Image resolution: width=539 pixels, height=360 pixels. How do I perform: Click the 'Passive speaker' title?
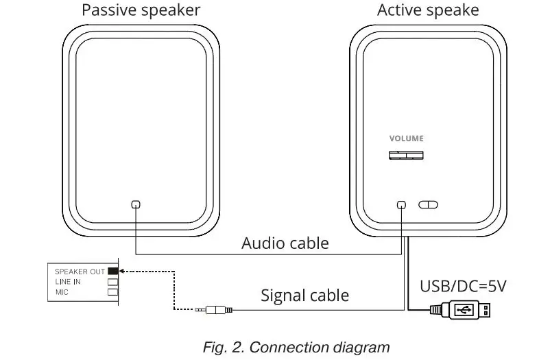(141, 10)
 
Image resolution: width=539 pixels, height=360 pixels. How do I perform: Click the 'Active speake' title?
(428, 10)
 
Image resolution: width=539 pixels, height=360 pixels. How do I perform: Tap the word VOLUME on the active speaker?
(407, 139)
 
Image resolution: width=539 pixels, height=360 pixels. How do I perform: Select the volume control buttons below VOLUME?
(407, 156)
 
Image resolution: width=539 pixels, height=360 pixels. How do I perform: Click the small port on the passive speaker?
(136, 204)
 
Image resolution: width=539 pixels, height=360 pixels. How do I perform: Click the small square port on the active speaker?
(402, 204)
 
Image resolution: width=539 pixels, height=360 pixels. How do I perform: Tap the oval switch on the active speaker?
(428, 204)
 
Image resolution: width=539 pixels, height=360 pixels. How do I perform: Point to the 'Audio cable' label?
(285, 243)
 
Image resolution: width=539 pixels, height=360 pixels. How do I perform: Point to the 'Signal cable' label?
(304, 296)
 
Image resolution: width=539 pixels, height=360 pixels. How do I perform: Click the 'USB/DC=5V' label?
(464, 285)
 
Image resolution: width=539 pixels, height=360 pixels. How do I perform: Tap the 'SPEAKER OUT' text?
(80, 272)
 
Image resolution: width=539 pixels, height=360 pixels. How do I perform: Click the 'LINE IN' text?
(68, 282)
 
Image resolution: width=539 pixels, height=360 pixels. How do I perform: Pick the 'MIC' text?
(62, 292)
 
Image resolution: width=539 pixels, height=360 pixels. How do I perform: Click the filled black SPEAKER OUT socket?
(113, 272)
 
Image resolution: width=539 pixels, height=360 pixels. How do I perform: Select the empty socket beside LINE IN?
(113, 282)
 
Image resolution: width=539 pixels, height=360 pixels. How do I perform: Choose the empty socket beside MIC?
(113, 292)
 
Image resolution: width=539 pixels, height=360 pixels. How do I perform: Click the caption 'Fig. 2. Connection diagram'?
(296, 347)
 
